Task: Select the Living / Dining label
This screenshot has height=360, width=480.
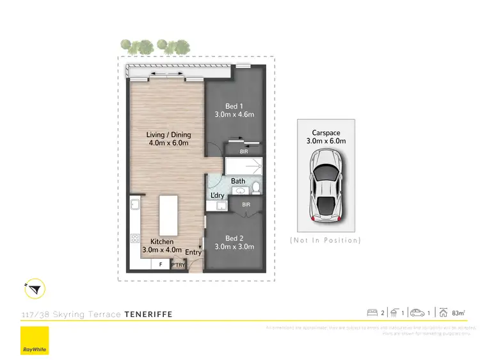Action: [x=169, y=135]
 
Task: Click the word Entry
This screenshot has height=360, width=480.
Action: [x=193, y=252]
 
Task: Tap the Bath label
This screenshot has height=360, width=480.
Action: [x=238, y=181]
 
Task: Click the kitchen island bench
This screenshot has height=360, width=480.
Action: [x=168, y=216]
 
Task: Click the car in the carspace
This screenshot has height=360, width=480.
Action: [x=325, y=184]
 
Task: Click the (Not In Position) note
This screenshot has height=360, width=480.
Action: [x=325, y=240]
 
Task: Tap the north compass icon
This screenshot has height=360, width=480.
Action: [x=35, y=290]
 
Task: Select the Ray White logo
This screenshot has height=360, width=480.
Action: [x=35, y=340]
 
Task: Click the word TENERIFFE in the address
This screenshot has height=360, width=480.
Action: [x=148, y=315]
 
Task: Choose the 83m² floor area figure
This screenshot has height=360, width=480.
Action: [x=458, y=313]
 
